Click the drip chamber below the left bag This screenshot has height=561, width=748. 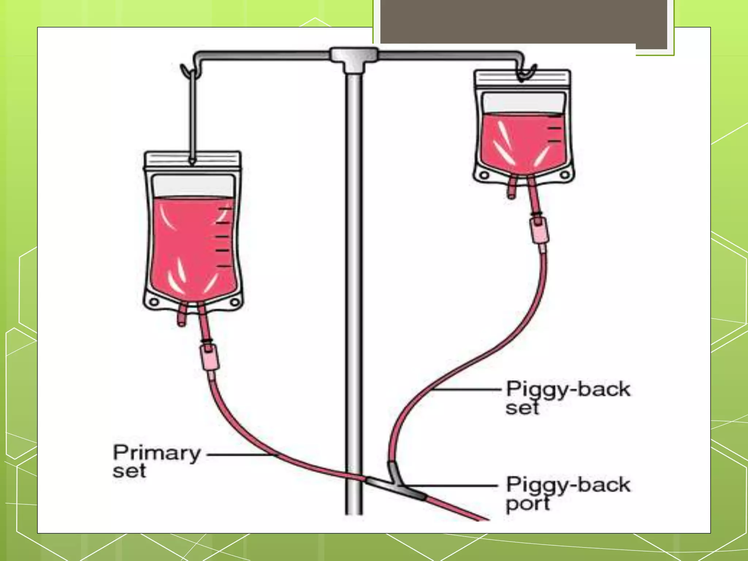coord(210,358)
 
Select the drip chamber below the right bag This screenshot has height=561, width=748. coord(539,230)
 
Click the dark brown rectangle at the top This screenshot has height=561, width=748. coord(522,22)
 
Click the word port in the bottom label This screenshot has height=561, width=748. coord(528,504)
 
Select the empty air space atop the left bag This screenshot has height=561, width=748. coord(193,186)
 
